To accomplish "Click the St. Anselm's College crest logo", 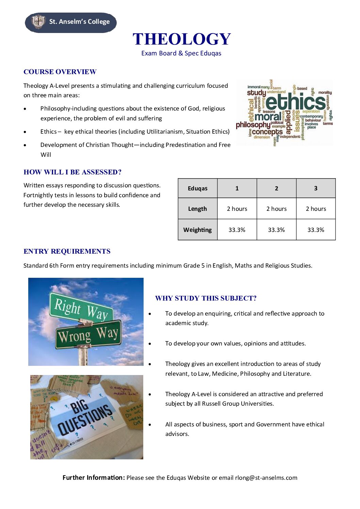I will click(38, 22).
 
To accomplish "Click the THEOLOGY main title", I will click(182, 39).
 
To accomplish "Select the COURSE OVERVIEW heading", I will click(60, 72).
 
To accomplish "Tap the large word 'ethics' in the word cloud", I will click(295, 102).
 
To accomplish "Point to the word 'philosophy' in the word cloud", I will click(253, 125).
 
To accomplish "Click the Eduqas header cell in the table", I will click(197, 188).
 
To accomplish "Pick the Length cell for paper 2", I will click(276, 209).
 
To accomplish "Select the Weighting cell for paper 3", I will click(316, 230).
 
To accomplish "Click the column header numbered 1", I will click(237, 188).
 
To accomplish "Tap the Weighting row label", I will click(197, 230).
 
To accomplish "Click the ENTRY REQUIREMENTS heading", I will click(67, 251).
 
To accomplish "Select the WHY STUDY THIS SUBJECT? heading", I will click(206, 298).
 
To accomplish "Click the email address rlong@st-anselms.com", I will click(266, 478).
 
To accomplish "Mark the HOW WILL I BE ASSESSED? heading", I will click(72, 172).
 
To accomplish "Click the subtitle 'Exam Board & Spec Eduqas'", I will click(181, 53).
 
